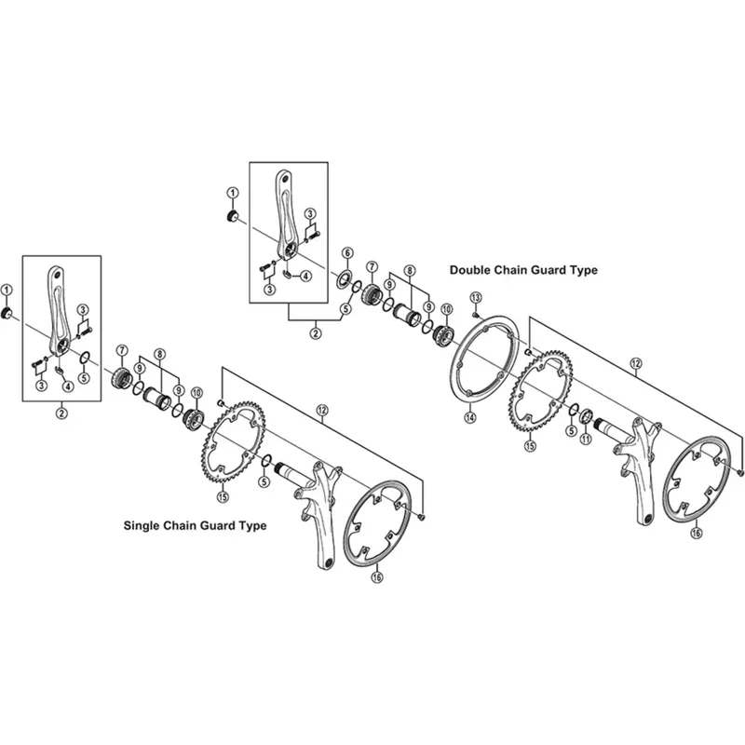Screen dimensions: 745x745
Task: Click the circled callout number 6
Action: [x=346, y=253]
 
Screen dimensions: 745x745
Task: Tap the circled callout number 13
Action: [x=474, y=297]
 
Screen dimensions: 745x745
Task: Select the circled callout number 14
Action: [x=470, y=418]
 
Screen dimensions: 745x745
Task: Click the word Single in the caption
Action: [x=145, y=525]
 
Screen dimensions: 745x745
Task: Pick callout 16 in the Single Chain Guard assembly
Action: [x=377, y=577]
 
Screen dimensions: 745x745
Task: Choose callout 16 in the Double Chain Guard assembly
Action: [x=696, y=535]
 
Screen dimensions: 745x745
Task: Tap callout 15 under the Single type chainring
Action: [x=222, y=496]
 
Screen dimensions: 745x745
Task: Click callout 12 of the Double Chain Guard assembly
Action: [x=636, y=364]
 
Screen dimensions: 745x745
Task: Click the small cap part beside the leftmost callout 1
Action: [x=7, y=310]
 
